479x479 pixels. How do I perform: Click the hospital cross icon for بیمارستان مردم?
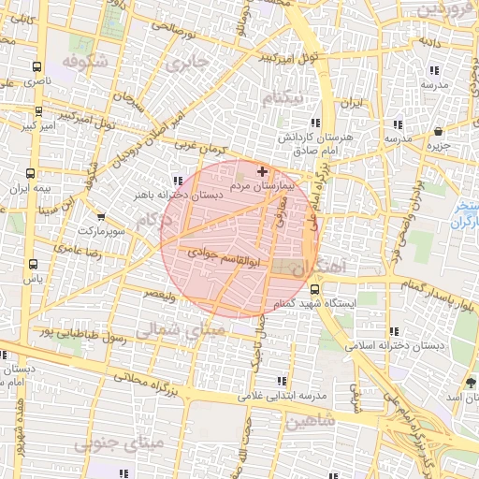(x=262, y=171)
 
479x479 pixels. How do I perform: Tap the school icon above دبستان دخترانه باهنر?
(x=178, y=181)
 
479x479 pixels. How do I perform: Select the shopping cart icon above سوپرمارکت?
(x=101, y=217)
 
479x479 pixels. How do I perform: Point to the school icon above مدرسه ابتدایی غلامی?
(x=282, y=380)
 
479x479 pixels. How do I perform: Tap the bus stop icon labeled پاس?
(x=34, y=265)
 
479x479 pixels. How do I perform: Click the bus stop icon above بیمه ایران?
(x=31, y=174)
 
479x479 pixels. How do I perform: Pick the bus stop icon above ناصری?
(x=36, y=67)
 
